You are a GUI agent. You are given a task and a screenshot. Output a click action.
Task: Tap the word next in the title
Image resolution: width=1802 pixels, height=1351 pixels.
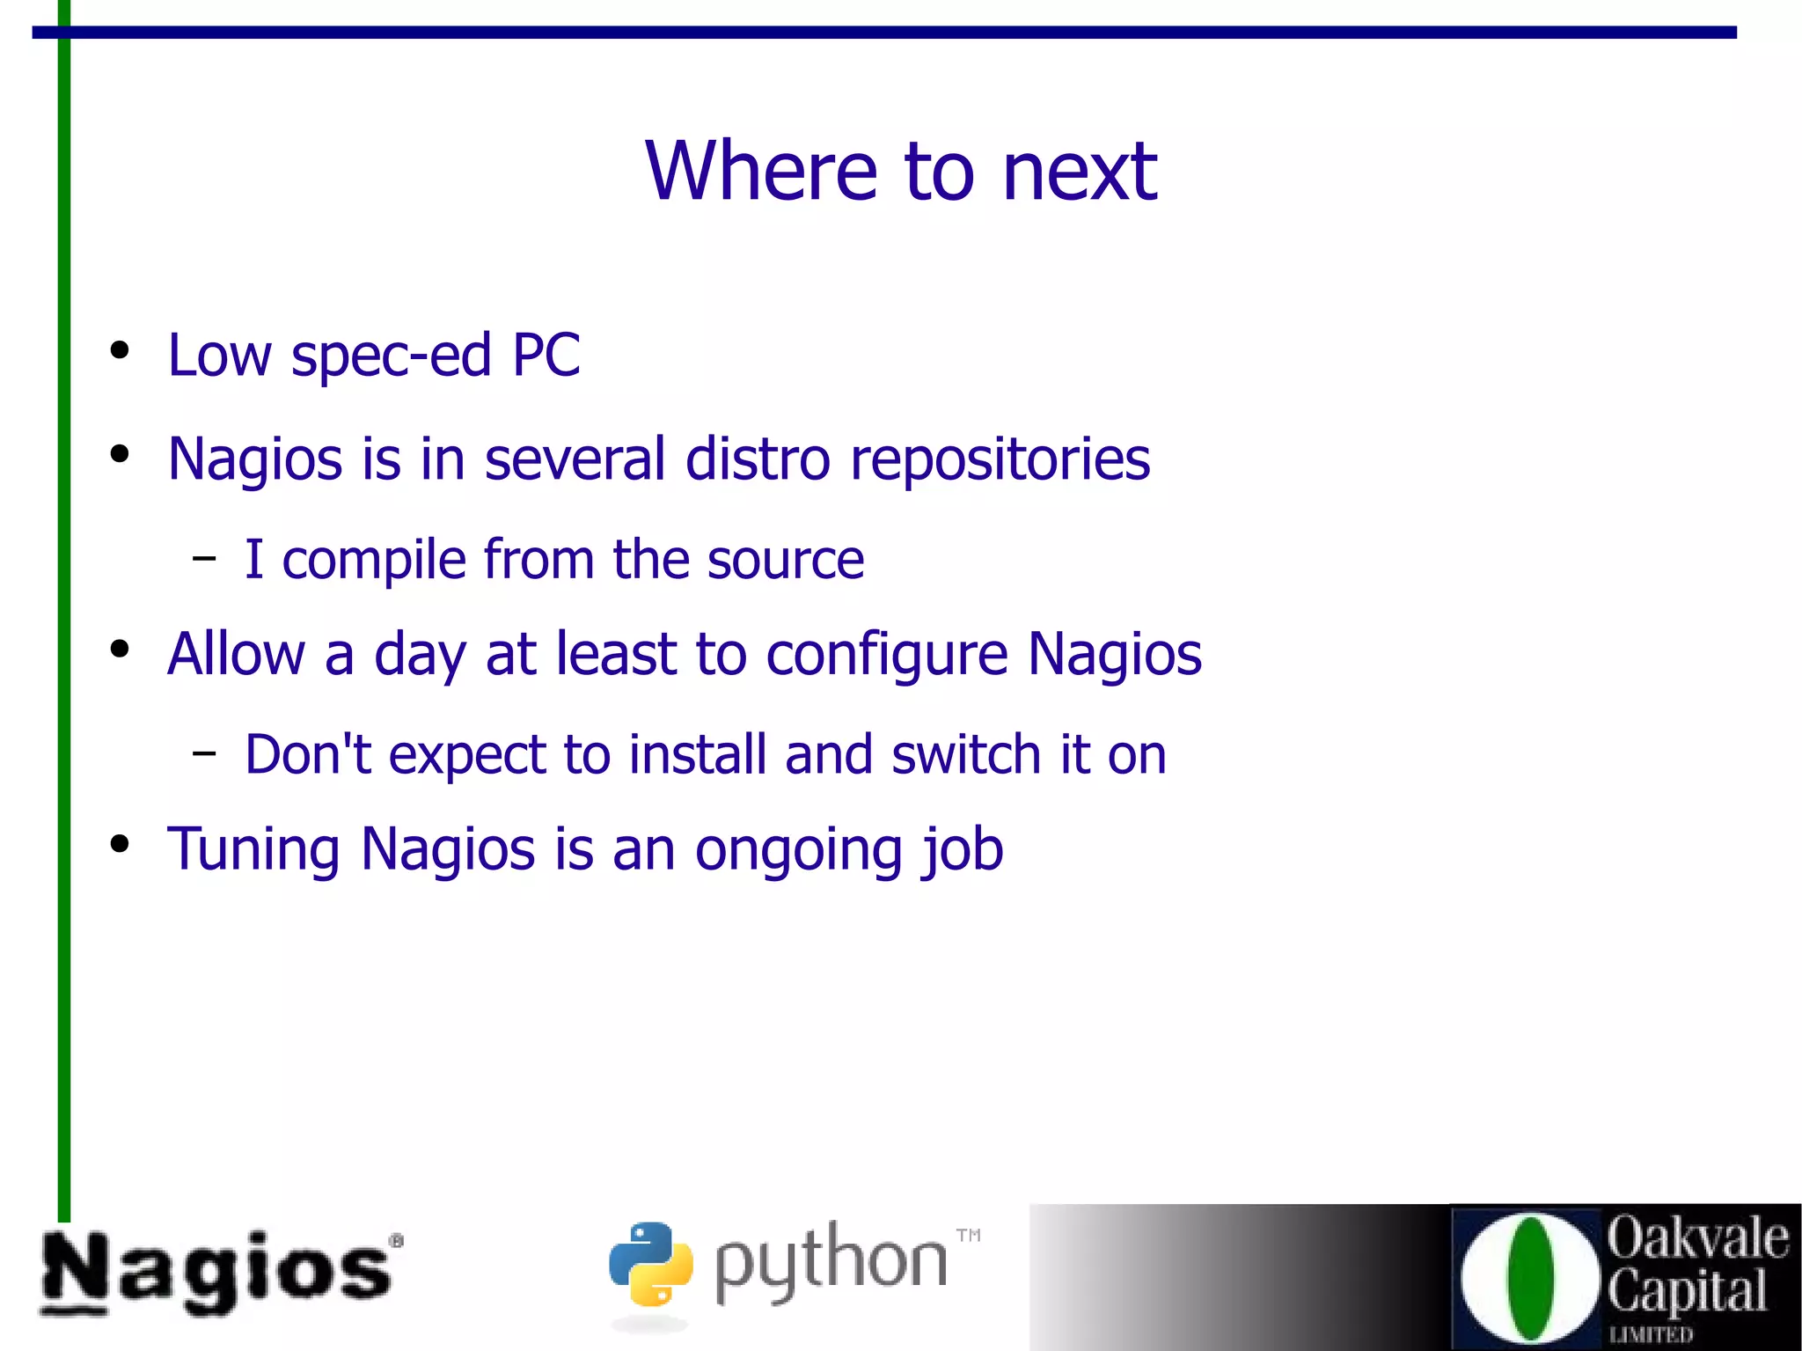tap(1080, 173)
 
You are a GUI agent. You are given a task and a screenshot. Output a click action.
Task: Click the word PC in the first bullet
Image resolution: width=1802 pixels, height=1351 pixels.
tap(546, 356)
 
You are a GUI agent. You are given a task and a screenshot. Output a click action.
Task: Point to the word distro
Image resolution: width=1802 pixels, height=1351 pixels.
tap(758, 459)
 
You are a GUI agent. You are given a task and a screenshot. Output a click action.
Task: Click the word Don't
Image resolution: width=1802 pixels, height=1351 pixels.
tap(308, 754)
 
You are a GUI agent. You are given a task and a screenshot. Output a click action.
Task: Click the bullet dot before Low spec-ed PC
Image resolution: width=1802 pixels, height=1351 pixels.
tap(120, 350)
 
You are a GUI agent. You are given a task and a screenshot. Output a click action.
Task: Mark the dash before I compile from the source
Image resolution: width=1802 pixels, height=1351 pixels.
tap(204, 558)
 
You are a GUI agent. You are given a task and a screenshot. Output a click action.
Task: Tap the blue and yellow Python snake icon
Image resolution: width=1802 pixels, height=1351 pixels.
tap(650, 1263)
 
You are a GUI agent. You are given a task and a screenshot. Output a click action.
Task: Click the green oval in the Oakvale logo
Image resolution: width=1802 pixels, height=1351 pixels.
tap(1530, 1279)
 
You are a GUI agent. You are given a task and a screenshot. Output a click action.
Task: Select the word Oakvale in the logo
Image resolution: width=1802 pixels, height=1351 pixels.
tap(1697, 1238)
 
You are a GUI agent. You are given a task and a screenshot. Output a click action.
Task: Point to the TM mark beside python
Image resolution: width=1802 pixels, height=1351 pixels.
tap(968, 1235)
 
